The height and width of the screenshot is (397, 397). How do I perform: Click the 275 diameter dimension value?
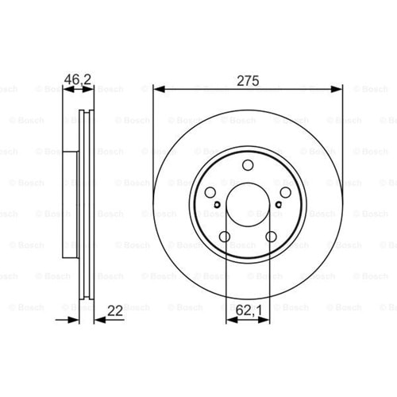point(248,81)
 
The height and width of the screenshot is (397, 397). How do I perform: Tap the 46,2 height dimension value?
point(78,79)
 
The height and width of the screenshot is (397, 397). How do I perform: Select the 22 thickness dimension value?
point(115,310)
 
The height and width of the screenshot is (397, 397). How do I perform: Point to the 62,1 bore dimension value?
point(249,310)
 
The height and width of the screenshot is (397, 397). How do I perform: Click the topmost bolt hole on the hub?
point(248,165)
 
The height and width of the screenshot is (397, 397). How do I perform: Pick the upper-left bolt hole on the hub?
point(210,192)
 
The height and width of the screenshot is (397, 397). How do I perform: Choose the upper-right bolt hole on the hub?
point(286,192)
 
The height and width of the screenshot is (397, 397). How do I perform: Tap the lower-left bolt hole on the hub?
point(225,237)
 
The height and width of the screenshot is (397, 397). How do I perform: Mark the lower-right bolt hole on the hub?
point(272,237)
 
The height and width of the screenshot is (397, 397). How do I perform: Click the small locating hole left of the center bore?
point(218,204)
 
